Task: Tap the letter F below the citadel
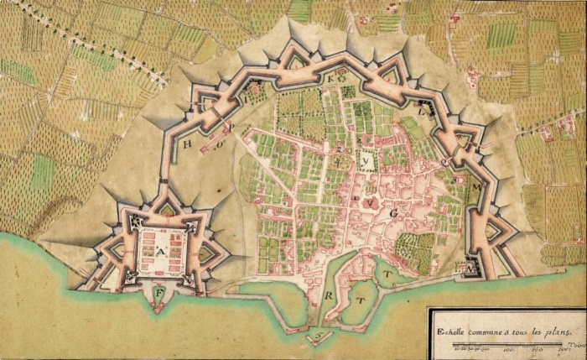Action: pyautogui.click(x=160, y=291)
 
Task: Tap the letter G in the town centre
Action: pyautogui.click(x=392, y=214)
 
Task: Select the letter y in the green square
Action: pyautogui.click(x=367, y=159)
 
